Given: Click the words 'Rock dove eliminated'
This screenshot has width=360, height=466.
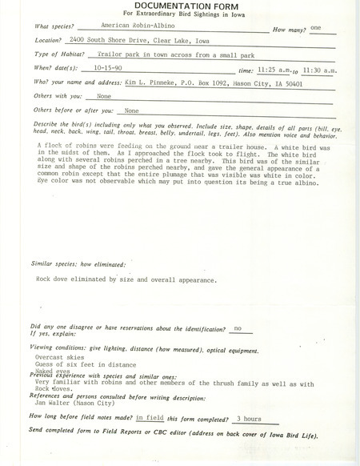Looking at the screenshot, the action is coord(68,281).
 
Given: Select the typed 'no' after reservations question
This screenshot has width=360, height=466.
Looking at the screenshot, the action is coord(237,328).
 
